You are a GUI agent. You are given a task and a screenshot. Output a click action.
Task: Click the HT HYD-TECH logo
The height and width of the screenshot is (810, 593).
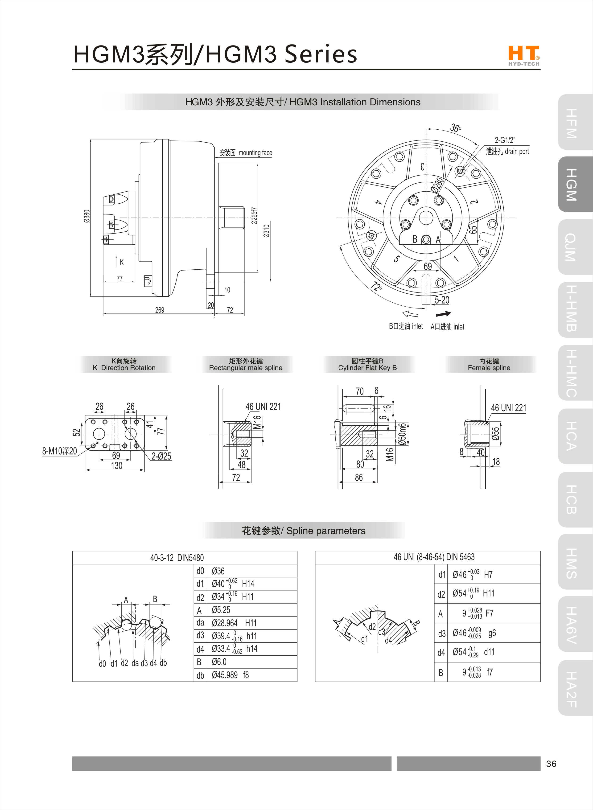click(524, 56)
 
